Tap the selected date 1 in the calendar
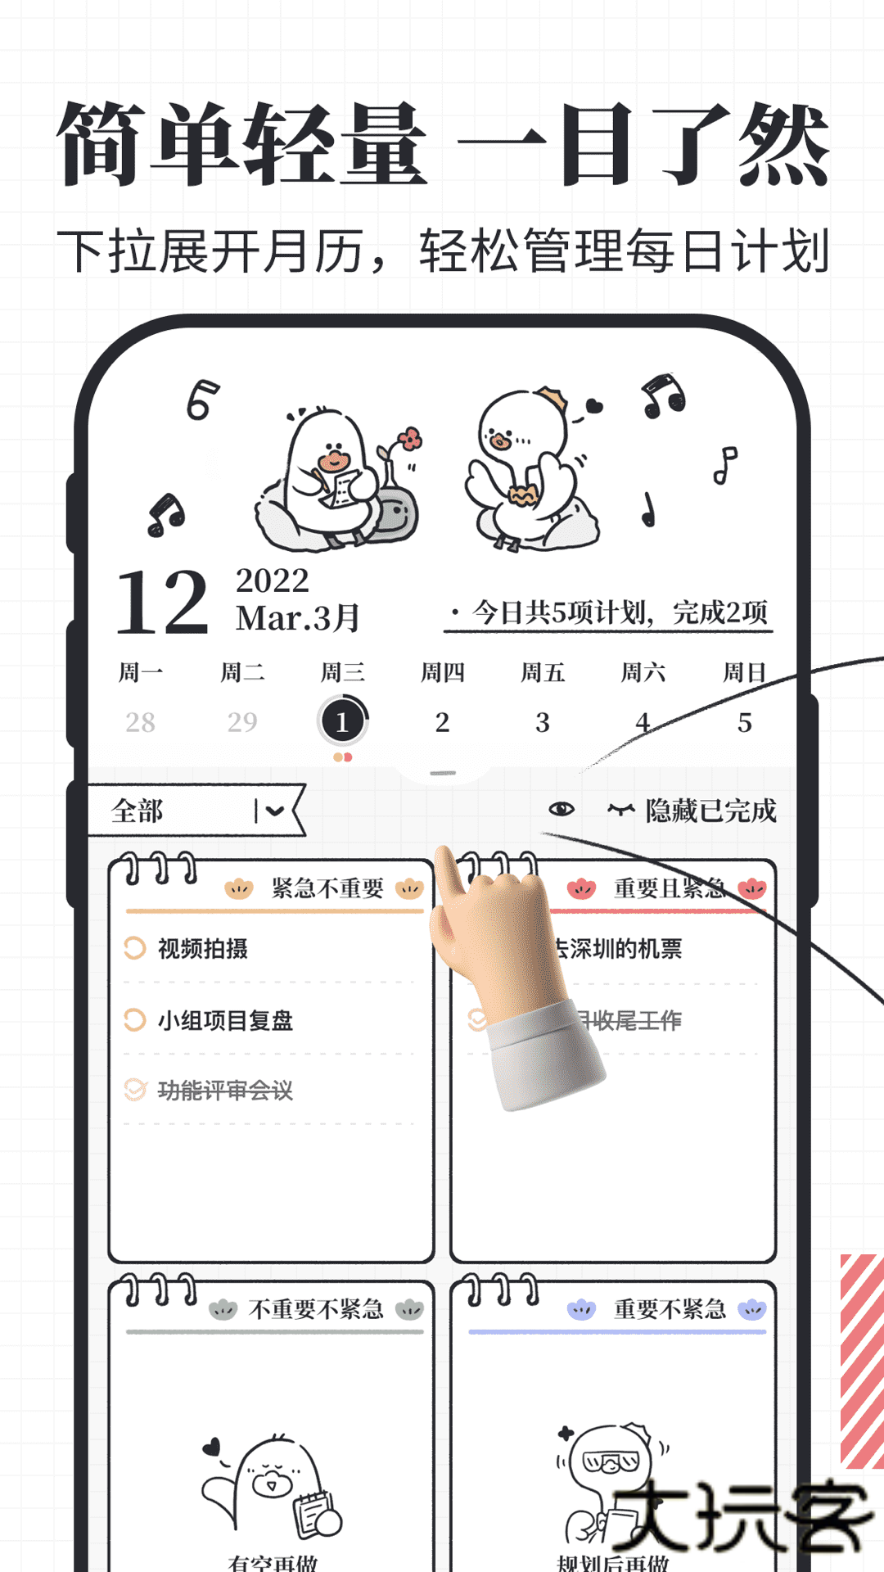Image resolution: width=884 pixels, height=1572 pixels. [342, 721]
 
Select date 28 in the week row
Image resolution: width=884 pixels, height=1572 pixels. [140, 722]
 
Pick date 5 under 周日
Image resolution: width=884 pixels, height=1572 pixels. [744, 722]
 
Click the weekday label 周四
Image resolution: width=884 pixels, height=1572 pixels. [442, 673]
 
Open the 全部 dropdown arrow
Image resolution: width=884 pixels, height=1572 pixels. [275, 811]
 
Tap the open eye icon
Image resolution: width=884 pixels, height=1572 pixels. [562, 809]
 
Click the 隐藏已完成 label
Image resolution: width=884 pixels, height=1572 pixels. [710, 811]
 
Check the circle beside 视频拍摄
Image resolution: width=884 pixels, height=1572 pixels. [134, 948]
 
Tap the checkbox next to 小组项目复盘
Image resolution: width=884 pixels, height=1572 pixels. [134, 1020]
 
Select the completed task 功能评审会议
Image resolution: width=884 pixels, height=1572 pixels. [224, 1091]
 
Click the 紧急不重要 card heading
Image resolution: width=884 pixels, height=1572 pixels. [327, 888]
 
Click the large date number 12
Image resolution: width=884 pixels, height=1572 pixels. [162, 603]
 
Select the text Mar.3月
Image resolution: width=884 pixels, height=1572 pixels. [297, 618]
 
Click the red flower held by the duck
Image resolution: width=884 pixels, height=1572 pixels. [410, 438]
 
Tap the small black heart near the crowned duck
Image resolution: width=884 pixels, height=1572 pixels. [594, 405]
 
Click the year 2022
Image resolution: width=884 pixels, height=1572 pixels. [272, 580]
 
